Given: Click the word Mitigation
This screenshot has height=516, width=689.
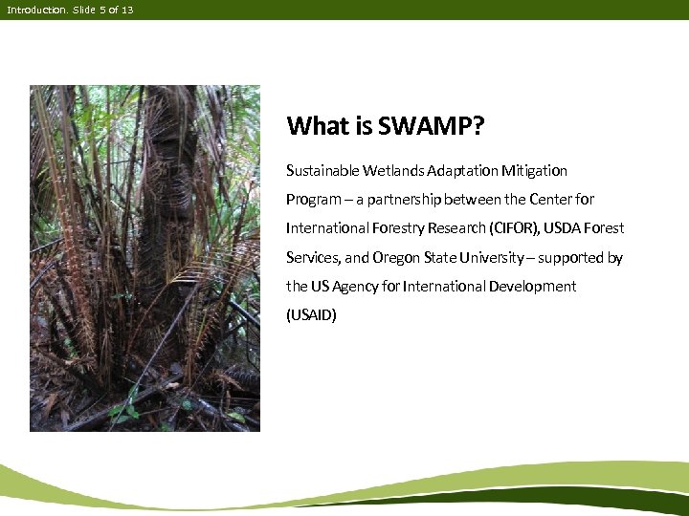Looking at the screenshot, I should [533, 171].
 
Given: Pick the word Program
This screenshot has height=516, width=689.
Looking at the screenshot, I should [313, 201].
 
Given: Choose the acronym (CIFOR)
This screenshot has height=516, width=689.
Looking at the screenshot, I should [514, 228].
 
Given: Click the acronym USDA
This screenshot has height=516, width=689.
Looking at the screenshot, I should [565, 228].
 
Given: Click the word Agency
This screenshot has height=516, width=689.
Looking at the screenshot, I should [355, 287].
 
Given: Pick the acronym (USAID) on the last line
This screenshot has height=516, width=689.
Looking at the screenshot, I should [312, 315].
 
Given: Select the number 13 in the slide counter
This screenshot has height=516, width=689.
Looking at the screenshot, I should [127, 10].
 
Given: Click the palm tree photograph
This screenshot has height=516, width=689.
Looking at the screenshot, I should [144, 258].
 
